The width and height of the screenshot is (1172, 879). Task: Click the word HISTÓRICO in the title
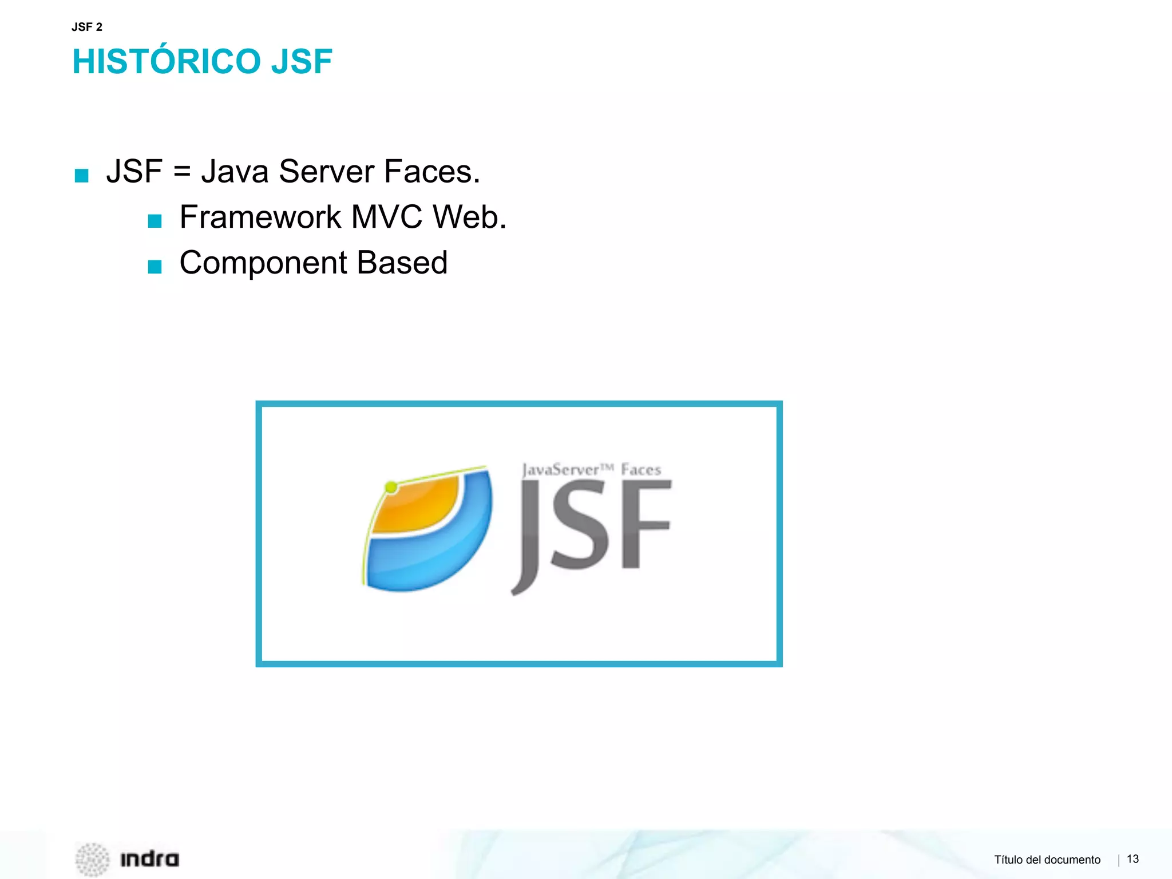(x=167, y=62)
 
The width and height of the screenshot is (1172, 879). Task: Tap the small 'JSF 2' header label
(x=87, y=27)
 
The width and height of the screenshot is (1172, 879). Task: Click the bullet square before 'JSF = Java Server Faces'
(x=82, y=175)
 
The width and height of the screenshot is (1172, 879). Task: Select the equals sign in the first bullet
(x=181, y=171)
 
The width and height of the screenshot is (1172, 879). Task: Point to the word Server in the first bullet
(x=326, y=171)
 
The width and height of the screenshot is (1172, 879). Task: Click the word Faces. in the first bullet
(x=432, y=171)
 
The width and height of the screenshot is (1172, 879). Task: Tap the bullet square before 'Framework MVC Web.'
(x=155, y=221)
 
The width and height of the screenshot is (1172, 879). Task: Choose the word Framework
(x=260, y=217)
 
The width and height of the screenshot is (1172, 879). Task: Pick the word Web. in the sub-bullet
(x=469, y=217)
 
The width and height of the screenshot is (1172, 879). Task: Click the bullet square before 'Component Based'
(x=155, y=267)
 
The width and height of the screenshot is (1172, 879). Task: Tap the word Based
(x=402, y=263)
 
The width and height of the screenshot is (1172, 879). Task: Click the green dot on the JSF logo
(x=391, y=488)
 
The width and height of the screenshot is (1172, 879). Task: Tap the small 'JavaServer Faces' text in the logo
(x=591, y=470)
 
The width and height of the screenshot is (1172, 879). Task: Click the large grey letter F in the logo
(x=644, y=524)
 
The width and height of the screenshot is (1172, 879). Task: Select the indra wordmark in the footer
(x=149, y=859)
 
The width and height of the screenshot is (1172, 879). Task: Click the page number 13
(x=1133, y=859)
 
